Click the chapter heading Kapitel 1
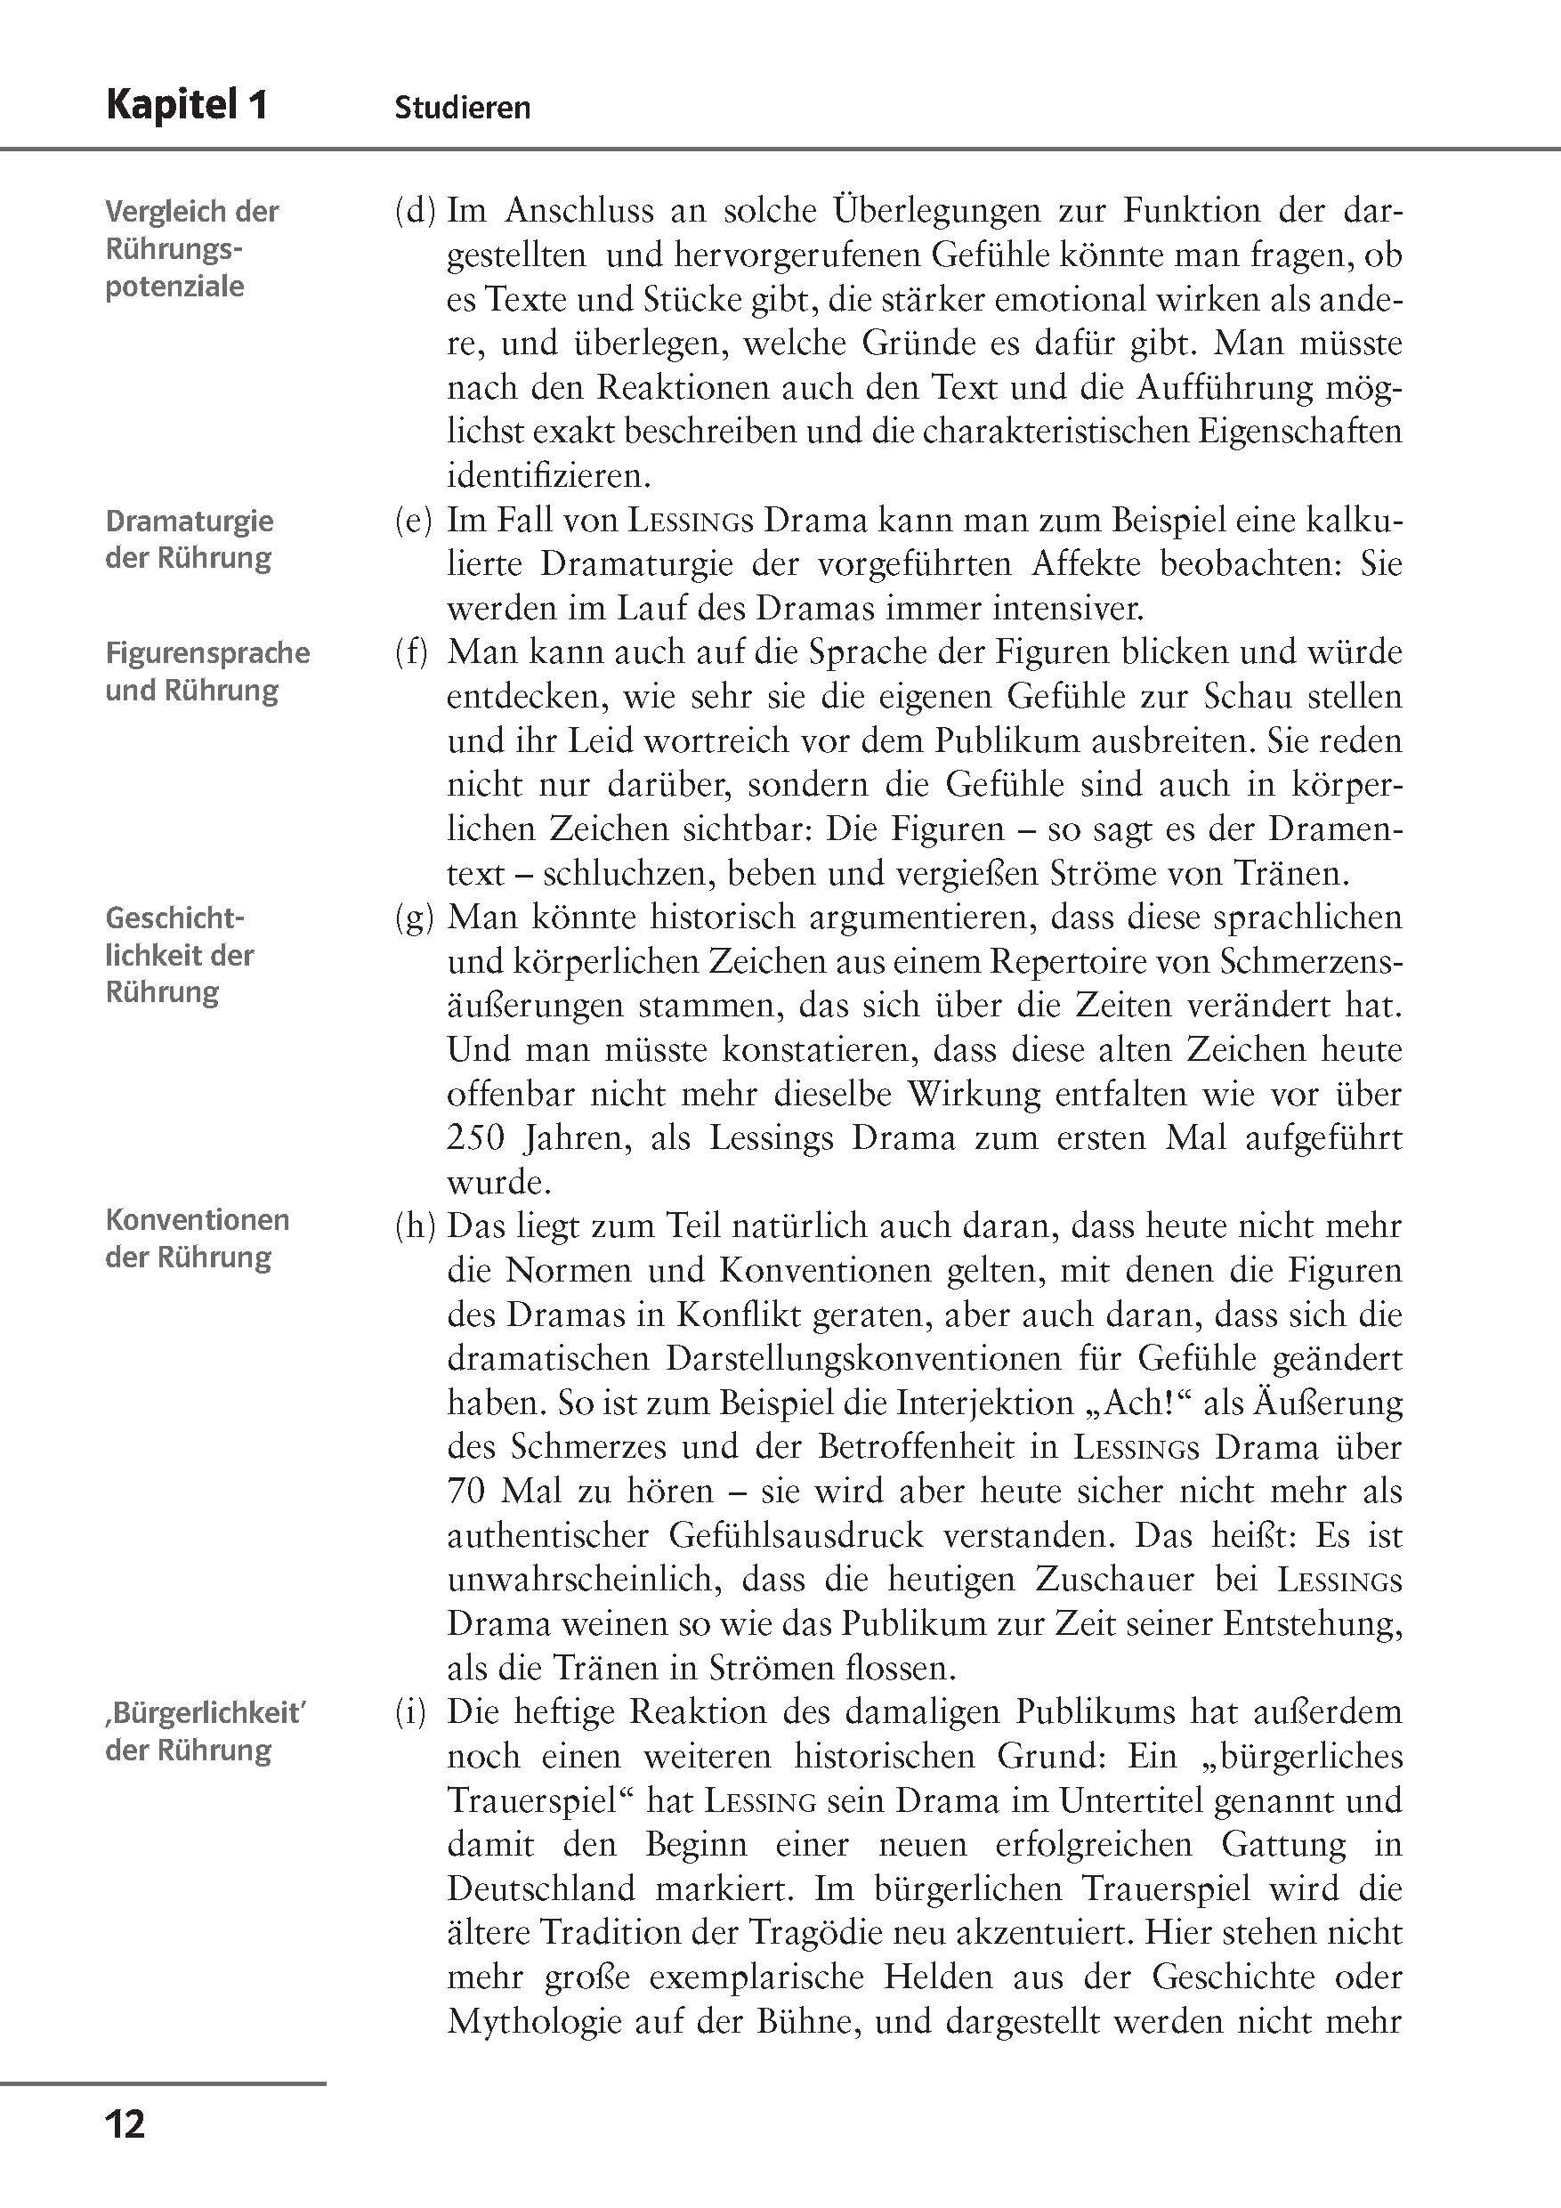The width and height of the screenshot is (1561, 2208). pyautogui.click(x=188, y=105)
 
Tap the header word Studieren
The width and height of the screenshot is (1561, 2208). pyautogui.click(x=462, y=107)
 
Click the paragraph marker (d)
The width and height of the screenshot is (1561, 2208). pyautogui.click(x=415, y=211)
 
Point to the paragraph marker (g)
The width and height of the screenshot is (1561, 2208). pyautogui.click(x=415, y=918)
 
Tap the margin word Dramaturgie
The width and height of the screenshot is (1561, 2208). pyautogui.click(x=190, y=522)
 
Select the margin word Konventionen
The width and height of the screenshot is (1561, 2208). pyautogui.click(x=198, y=1219)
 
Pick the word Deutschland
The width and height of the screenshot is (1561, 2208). pyautogui.click(x=540, y=1889)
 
